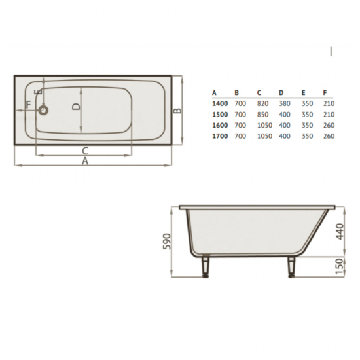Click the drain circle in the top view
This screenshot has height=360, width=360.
pos(43,110)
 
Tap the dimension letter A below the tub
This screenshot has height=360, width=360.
pos(85,162)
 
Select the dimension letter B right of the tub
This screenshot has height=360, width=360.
pos(177,111)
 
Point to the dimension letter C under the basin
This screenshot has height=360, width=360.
pos(85,151)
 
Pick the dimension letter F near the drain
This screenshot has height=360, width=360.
pos(28,105)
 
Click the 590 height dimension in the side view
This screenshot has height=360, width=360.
pos(167,242)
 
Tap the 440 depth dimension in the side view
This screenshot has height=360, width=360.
pos(340,232)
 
